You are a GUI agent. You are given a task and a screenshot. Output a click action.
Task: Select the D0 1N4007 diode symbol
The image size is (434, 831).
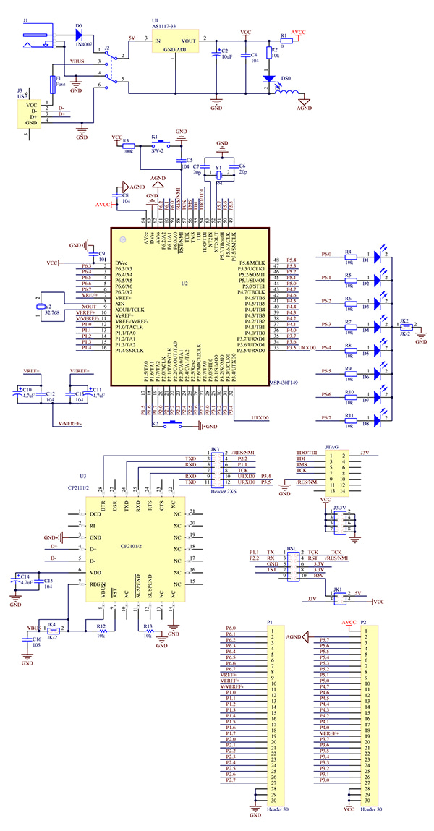pos(77,32)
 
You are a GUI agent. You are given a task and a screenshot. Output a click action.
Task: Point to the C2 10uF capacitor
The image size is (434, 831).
pos(216,54)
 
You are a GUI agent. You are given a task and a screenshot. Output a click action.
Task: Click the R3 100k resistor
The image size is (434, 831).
pos(128,144)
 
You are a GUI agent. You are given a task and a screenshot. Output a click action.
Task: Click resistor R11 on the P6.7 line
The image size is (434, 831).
pos(349,417)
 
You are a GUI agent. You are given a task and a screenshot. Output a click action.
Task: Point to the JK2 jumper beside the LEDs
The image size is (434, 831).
pos(404,326)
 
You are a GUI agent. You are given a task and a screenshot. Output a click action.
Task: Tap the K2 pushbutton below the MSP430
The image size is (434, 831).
pos(174,424)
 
